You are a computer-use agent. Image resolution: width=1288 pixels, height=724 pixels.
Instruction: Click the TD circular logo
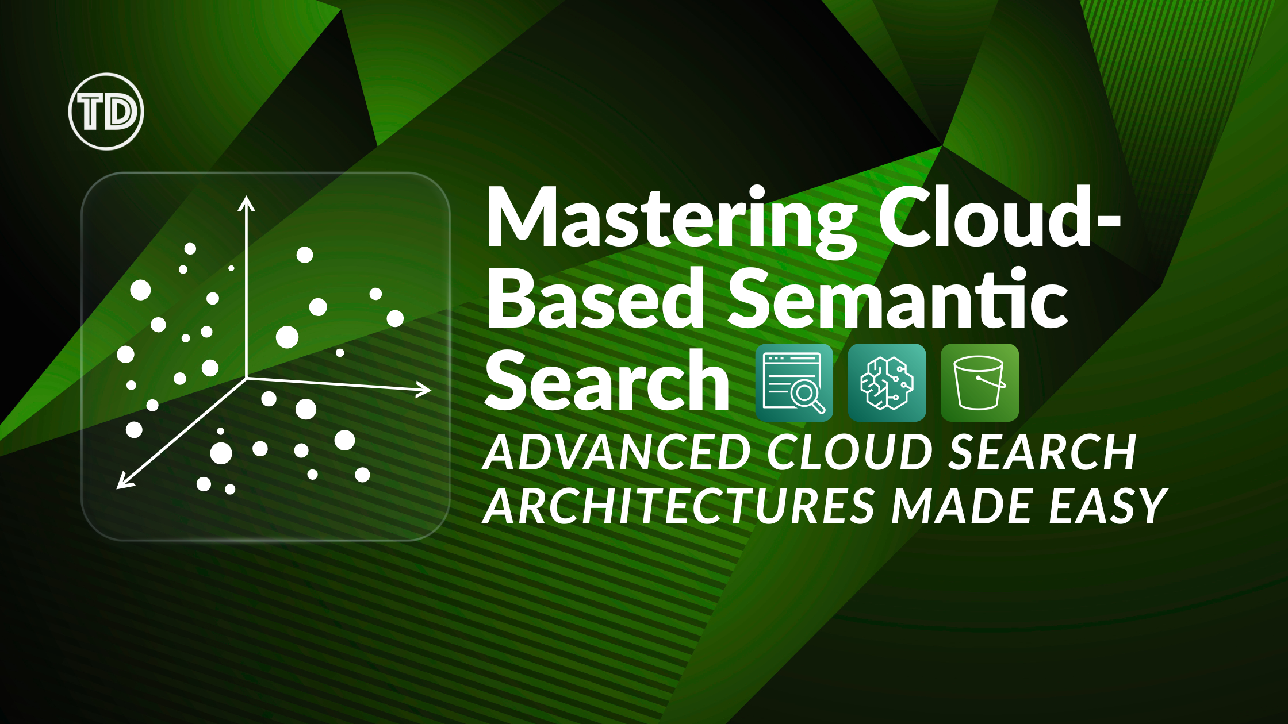(106, 111)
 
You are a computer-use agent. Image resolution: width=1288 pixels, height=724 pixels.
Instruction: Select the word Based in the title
(596, 298)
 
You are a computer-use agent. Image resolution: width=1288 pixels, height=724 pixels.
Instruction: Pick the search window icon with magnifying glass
(794, 383)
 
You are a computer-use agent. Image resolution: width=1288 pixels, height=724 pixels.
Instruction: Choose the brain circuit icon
(887, 383)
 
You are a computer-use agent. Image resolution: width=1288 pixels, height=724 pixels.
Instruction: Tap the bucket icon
(980, 383)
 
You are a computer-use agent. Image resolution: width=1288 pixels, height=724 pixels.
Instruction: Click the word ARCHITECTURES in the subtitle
(678, 506)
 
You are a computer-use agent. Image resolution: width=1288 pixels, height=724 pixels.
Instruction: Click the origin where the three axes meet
(247, 378)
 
